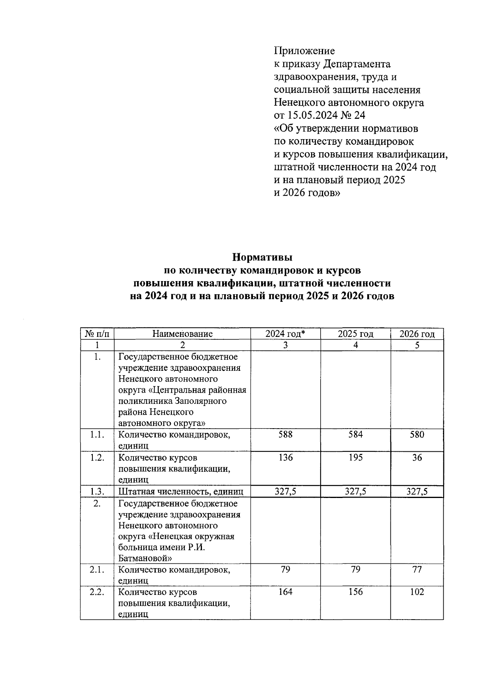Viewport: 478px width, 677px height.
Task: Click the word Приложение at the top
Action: point(304,51)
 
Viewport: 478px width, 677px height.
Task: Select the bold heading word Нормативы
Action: point(263,257)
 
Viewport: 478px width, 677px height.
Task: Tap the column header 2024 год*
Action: point(285,334)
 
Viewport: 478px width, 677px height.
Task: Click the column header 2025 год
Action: point(355,334)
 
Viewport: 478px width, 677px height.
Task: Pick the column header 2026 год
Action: point(417,334)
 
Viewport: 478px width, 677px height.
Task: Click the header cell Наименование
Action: point(182,334)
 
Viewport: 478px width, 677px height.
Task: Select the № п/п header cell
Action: point(97,334)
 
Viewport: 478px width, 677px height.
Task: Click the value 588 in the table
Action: point(285,435)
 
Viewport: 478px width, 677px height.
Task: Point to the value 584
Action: point(355,435)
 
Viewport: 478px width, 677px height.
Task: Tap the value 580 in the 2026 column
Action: point(417,435)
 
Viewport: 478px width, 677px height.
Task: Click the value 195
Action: point(355,457)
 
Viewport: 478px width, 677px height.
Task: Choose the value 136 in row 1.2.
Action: point(285,457)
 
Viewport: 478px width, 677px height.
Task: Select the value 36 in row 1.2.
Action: point(417,457)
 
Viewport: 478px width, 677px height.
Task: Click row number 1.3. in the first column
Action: point(97,492)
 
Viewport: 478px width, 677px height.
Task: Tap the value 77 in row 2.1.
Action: point(417,569)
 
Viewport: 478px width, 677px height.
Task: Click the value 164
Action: point(285,592)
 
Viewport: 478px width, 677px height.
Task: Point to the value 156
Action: point(355,592)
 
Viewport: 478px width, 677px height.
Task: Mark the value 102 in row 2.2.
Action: point(417,592)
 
